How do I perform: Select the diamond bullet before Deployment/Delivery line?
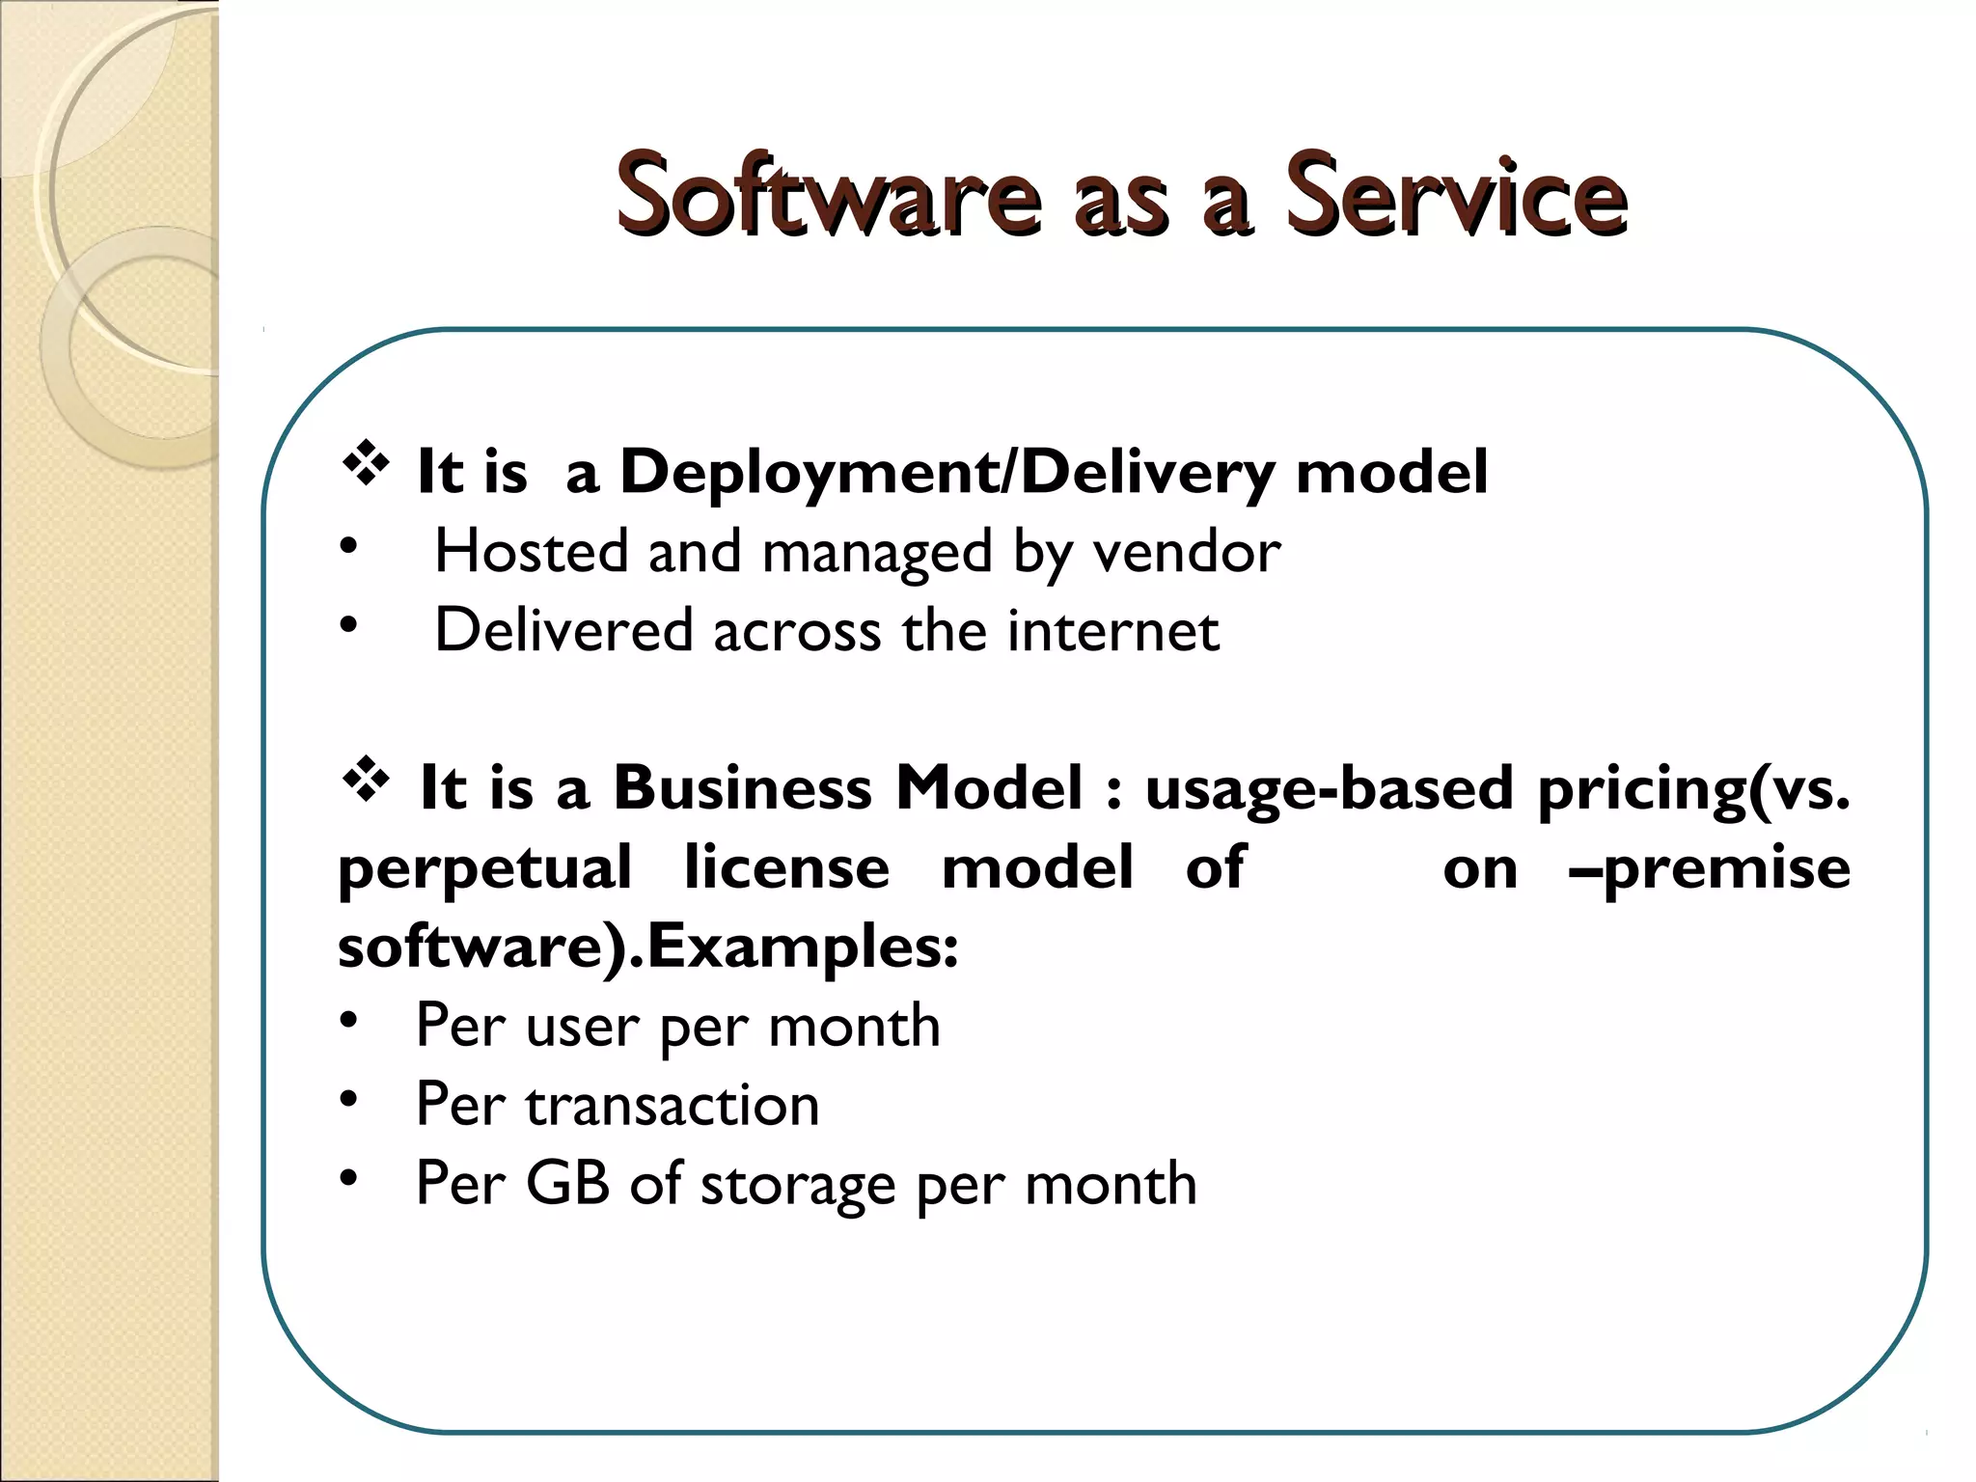click(366, 464)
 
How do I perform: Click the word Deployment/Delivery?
click(947, 473)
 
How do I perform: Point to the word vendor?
click(1186, 552)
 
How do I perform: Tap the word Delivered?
click(563, 631)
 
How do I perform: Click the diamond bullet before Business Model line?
click(366, 780)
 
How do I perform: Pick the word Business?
click(743, 788)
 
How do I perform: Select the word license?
click(786, 867)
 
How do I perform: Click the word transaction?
click(672, 1105)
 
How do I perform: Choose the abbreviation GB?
click(567, 1183)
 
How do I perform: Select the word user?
click(583, 1027)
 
